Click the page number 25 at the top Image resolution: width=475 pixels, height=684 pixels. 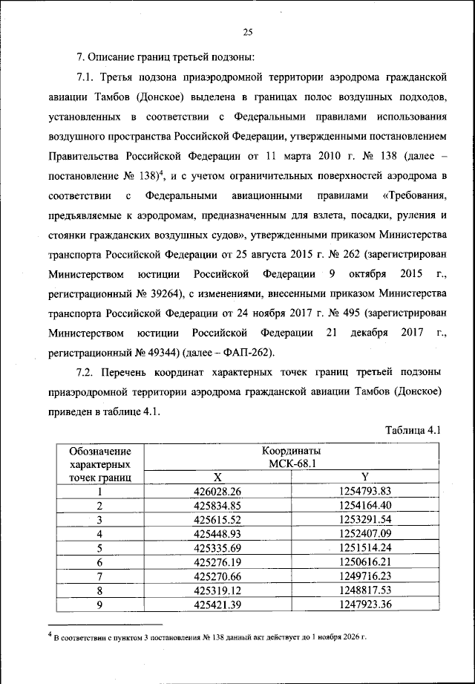(x=248, y=30)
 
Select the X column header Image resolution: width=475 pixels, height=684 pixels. (x=217, y=477)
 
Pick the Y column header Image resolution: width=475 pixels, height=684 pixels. (x=365, y=477)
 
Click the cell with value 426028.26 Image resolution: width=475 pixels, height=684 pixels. (x=217, y=491)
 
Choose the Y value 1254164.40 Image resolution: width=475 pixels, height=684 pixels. (x=364, y=505)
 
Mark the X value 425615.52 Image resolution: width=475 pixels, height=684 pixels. (x=217, y=519)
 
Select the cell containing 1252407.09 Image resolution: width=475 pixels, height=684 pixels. (x=364, y=533)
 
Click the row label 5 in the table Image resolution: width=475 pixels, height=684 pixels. (x=99, y=547)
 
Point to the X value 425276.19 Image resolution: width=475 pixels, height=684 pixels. (x=217, y=561)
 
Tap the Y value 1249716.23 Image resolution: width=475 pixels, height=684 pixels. (x=364, y=576)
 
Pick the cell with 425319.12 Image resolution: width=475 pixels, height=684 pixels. (x=217, y=590)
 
